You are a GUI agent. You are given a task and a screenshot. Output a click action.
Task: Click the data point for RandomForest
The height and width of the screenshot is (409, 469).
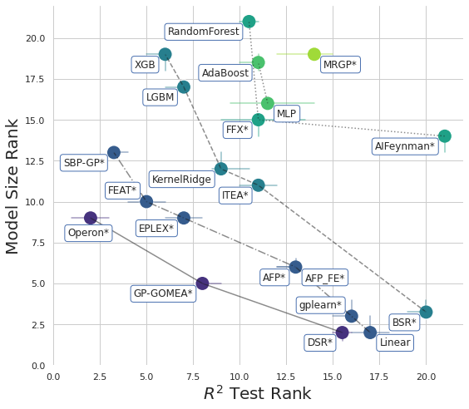pos(249,22)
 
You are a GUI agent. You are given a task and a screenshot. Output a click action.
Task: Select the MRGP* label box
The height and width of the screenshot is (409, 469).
pos(339,65)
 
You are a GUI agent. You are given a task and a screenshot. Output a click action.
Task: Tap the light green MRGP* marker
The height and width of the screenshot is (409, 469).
pos(314,54)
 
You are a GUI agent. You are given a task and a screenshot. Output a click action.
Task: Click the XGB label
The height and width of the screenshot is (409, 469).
pos(145,65)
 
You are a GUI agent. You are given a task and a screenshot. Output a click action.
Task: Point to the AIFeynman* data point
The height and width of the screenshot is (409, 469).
pos(445,136)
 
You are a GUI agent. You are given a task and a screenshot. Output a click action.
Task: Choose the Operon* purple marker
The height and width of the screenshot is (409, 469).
pos(91,218)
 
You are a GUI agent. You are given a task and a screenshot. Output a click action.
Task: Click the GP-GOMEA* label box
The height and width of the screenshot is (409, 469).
pos(163,293)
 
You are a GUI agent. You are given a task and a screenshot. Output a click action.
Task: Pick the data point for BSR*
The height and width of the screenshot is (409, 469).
pos(426,313)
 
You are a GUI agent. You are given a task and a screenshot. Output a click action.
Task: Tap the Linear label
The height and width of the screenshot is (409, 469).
pos(395,342)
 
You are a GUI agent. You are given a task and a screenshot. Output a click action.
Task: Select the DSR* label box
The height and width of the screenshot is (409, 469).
pos(319,342)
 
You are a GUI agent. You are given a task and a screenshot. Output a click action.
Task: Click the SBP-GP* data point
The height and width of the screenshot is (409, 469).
pos(114,152)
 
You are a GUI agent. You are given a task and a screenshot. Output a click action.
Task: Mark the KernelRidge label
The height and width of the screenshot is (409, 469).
pos(181,180)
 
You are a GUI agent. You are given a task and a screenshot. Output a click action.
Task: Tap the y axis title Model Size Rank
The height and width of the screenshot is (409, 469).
pos(13,186)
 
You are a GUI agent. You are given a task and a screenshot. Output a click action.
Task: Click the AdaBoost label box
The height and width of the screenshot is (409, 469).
pos(225,73)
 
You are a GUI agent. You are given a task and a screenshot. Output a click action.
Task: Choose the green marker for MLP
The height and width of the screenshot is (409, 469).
pos(268,103)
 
